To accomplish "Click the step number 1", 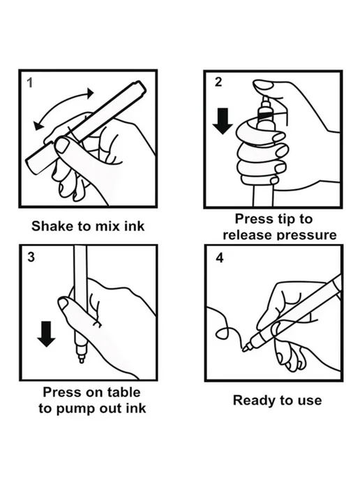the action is tap(30, 82).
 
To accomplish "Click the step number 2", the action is tap(218, 82).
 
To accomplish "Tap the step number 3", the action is tap(31, 257).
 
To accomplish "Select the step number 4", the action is tap(220, 257).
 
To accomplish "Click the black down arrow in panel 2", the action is tap(223, 121).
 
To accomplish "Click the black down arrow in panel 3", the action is tap(46, 334).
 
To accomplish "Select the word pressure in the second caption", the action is tap(307, 235).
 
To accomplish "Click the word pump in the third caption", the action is tap(79, 409).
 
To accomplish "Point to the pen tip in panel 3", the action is tap(81, 359).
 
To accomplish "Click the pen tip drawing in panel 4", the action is tap(245, 348).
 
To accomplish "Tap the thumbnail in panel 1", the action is tap(63, 146).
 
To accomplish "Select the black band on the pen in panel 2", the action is tap(265, 115).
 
